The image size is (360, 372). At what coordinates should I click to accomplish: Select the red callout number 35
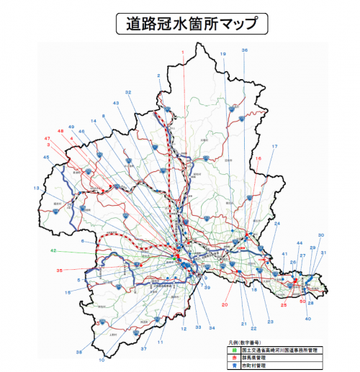pos(59,271)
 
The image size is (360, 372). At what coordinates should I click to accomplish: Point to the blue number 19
pos(222,54)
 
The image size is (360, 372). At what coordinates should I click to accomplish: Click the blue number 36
pos(244,50)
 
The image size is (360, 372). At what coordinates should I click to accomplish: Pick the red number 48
pos(60,130)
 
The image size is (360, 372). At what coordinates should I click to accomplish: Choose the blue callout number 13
pos(36,188)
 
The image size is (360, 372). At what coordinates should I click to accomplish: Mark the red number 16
pos(258,158)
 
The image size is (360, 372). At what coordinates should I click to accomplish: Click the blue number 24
pos(277,224)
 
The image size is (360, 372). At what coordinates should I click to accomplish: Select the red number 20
pos(225,305)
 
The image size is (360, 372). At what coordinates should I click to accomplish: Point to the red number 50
pos(303,301)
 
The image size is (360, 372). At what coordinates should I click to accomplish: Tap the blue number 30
pos(321,235)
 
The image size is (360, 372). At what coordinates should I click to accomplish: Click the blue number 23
pos(270,321)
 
